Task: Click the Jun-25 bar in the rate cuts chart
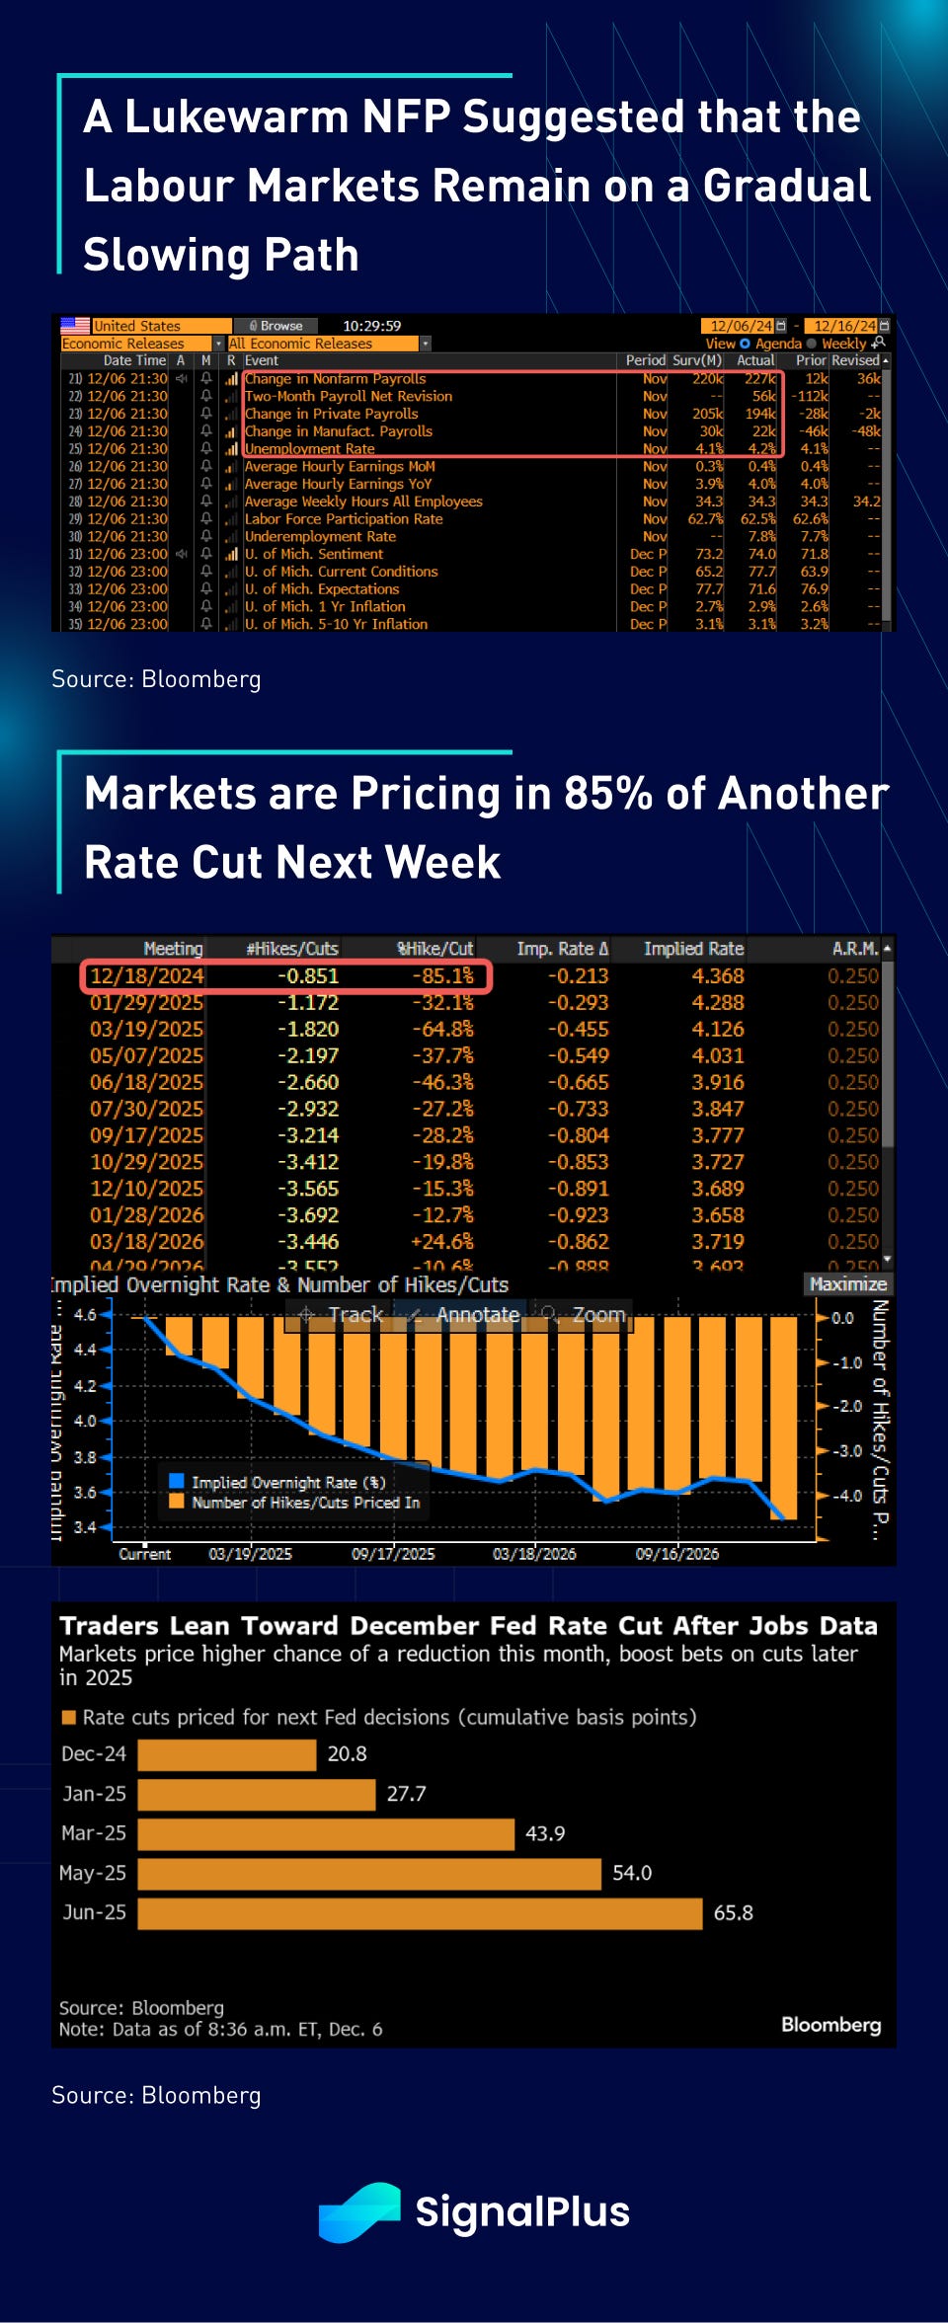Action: [420, 1913]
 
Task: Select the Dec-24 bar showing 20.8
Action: [227, 1754]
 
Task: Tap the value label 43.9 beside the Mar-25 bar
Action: [545, 1833]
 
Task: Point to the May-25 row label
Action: [94, 1873]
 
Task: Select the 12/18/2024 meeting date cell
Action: [146, 975]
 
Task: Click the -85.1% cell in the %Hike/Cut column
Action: [442, 975]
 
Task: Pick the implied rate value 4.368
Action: [718, 975]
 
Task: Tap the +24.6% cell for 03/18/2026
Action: [442, 1242]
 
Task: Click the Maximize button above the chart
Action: [848, 1283]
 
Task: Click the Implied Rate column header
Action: [693, 949]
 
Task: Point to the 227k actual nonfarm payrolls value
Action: [759, 379]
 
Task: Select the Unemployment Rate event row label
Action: [310, 449]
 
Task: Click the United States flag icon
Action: [75, 325]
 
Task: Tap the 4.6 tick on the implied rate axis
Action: [85, 1315]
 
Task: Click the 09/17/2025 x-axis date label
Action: [393, 1554]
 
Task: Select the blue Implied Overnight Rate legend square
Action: [177, 1481]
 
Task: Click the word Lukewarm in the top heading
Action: [237, 116]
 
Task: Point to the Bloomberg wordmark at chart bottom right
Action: [830, 2025]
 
